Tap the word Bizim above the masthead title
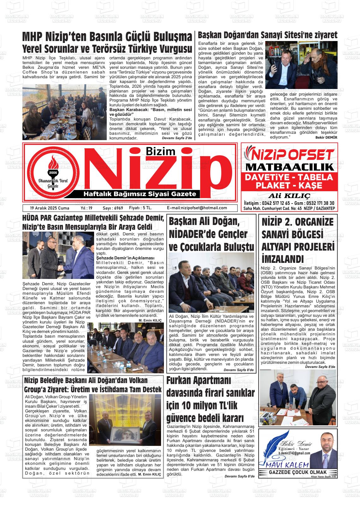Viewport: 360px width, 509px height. coord(160,152)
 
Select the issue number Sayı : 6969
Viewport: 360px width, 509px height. coord(113,208)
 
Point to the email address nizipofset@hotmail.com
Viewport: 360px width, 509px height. coord(197,208)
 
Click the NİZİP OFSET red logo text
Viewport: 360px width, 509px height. coord(289,155)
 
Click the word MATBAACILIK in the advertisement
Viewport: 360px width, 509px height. coord(289,167)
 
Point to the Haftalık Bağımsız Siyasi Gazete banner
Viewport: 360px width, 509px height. coord(139,194)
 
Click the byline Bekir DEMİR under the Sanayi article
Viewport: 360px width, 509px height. coord(326,137)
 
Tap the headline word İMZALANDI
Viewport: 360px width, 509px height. coord(283,259)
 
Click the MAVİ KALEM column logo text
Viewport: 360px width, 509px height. coord(285,465)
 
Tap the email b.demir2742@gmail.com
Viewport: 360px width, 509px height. coord(294,453)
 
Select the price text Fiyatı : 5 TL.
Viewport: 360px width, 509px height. coord(141,208)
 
